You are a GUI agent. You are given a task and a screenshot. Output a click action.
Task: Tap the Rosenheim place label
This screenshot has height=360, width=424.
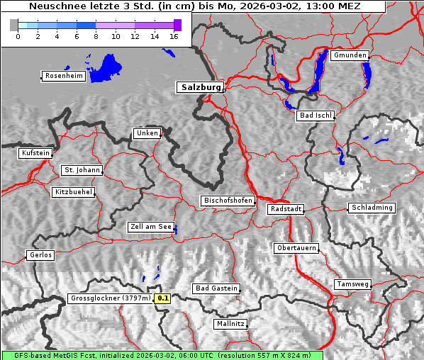tap(62, 76)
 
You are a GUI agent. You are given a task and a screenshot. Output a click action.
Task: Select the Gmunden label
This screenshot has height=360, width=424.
tap(350, 55)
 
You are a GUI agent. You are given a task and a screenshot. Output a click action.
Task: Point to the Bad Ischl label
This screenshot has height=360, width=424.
tap(315, 116)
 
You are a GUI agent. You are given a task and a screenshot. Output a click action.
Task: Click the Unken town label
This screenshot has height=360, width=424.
tap(146, 133)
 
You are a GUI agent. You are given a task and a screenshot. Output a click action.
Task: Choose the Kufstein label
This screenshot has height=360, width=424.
tap(35, 153)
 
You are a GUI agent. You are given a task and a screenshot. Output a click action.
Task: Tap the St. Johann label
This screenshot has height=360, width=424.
tap(82, 170)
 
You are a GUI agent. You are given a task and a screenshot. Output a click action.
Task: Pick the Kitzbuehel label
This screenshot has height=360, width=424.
tap(73, 192)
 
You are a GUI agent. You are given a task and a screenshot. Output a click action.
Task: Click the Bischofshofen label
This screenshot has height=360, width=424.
tap(228, 201)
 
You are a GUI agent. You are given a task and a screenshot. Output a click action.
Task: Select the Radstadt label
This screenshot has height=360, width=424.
tap(286, 209)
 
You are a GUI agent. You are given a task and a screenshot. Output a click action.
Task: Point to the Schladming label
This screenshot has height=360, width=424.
tap(371, 208)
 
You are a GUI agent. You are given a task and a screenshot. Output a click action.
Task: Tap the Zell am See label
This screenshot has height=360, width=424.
tap(150, 227)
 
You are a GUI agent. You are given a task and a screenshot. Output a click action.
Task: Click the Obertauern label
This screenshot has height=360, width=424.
tap(296, 248)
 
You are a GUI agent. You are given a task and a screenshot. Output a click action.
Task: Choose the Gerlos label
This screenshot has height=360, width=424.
tap(40, 255)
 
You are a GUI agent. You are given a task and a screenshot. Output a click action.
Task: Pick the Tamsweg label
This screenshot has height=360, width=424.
tap(352, 284)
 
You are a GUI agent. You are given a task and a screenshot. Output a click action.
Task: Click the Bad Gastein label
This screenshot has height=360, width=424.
tap(216, 288)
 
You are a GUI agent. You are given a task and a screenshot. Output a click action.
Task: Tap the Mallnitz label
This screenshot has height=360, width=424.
tap(230, 324)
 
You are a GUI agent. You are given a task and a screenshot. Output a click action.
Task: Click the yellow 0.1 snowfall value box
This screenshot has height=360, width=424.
tap(163, 298)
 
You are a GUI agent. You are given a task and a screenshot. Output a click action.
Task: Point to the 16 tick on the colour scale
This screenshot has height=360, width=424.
tap(173, 36)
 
